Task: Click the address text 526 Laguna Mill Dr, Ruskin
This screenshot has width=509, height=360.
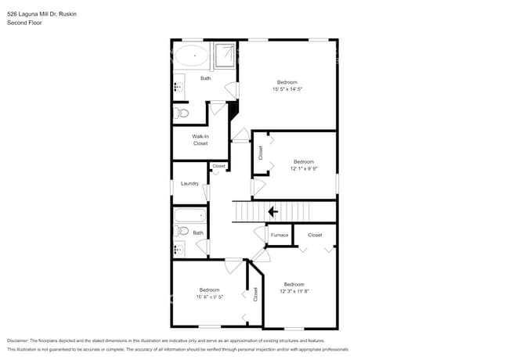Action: pos(41,14)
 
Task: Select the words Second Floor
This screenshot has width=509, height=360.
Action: pos(24,23)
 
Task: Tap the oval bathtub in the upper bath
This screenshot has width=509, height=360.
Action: pos(190,56)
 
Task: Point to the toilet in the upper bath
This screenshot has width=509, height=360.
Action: pos(182,113)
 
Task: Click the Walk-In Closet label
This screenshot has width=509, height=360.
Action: pos(200,140)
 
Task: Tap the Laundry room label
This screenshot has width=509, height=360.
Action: pos(190,184)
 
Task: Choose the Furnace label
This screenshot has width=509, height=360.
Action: pos(279,235)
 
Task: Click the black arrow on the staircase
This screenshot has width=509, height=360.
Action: pos(273,211)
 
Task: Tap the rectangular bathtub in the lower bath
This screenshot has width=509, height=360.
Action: pos(190,215)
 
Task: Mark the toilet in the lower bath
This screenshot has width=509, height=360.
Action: pos(181,231)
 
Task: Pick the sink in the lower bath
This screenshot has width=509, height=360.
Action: pos(179,249)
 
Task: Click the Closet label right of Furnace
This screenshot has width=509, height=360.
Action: pos(315,235)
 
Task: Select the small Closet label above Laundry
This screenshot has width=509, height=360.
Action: pos(218,166)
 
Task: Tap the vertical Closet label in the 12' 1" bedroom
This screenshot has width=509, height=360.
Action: pos(261,153)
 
